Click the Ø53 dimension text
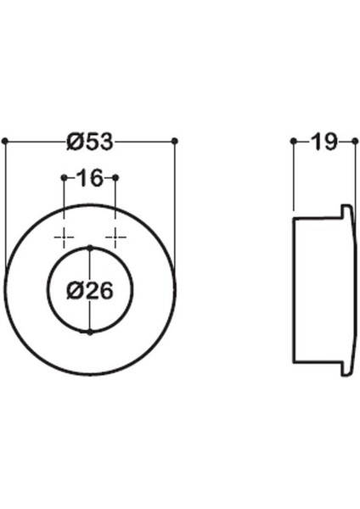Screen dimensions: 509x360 coord(89,141)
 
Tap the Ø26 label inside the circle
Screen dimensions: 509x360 coord(89,290)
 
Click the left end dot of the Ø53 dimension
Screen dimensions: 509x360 coord(5,140)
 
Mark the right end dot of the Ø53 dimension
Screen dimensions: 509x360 coord(174,140)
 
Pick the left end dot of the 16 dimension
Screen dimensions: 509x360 coord(65,177)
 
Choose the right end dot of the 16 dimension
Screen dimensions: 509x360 coord(115,177)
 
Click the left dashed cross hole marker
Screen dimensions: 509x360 coord(65,235)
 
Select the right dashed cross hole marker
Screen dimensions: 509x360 coord(115,235)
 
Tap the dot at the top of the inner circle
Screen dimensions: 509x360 coord(90,247)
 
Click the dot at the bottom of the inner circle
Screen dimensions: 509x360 coord(90,332)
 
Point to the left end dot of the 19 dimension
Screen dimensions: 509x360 coord(293,142)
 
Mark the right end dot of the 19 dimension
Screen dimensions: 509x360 coord(354,142)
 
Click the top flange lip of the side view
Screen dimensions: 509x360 coord(346,210)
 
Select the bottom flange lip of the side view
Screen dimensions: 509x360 coord(346,369)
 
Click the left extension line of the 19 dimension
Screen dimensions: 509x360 coord(293,178)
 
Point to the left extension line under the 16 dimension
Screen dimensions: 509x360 coord(65,204)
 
